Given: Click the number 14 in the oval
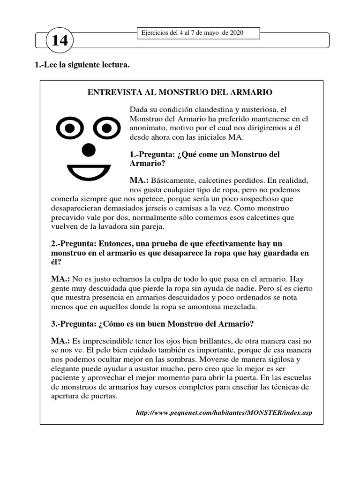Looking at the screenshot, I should click(x=60, y=41).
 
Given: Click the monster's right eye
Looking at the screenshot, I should click(x=107, y=127).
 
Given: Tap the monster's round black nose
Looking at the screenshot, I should click(x=89, y=150).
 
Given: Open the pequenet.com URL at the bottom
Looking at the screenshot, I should click(x=224, y=412).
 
